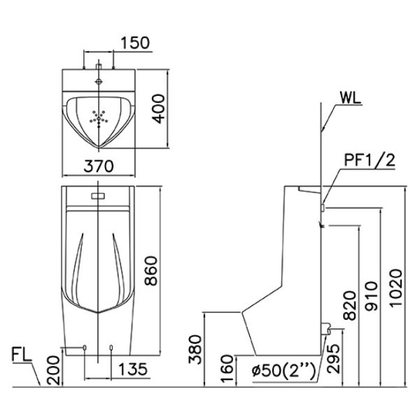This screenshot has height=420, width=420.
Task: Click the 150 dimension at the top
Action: click(x=134, y=42)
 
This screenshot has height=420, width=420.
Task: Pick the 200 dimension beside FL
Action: click(x=53, y=367)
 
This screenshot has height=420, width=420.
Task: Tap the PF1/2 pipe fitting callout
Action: click(x=370, y=161)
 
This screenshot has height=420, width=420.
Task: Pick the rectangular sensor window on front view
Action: click(x=98, y=194)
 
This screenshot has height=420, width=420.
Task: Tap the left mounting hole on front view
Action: click(x=85, y=346)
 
